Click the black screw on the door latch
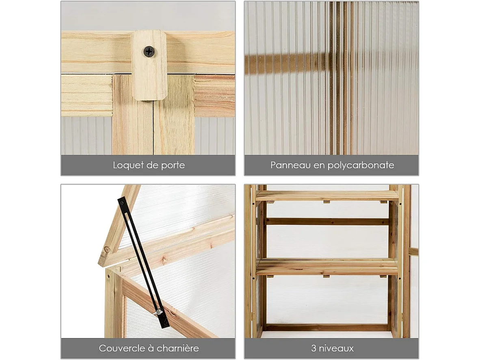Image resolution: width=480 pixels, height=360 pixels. (x=149, y=51)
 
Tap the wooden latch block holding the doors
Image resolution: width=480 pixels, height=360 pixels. (x=149, y=65)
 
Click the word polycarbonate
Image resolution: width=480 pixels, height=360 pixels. (x=361, y=165)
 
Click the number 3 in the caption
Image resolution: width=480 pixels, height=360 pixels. (x=314, y=348)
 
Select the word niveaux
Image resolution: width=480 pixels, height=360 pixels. (x=336, y=348)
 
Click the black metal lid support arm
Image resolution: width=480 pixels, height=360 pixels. (x=143, y=262)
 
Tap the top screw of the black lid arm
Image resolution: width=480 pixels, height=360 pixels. (x=122, y=203)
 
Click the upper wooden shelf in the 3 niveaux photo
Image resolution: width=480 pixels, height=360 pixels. (x=327, y=195)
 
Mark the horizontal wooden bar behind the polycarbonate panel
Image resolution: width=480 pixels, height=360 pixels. (x=288, y=63)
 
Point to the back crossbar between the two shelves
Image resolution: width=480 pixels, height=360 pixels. (x=327, y=221)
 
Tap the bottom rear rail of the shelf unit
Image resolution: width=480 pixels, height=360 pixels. (x=327, y=327)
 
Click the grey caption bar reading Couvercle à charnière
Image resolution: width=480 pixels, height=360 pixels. (x=148, y=348)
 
